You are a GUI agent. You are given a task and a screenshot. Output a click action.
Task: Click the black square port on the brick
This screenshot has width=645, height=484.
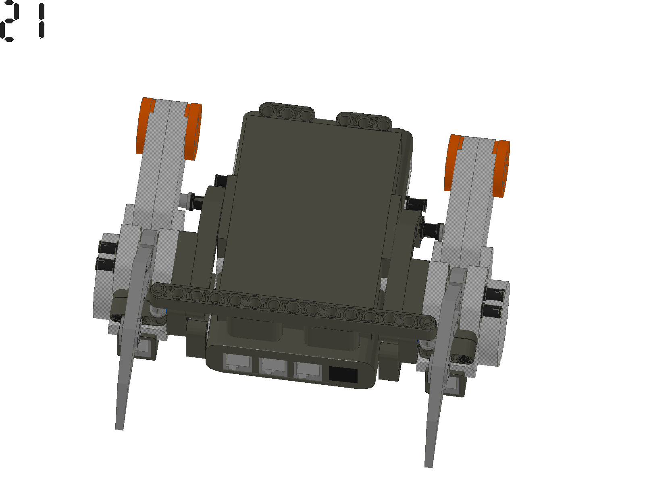(343, 375)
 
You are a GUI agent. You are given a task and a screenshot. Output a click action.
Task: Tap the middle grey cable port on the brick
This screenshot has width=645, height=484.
(274, 367)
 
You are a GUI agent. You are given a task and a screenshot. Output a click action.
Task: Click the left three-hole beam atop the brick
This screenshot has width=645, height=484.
(287, 112)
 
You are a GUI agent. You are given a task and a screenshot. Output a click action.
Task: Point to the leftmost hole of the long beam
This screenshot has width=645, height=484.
(159, 288)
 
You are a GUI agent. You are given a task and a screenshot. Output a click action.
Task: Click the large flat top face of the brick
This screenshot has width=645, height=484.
(314, 202)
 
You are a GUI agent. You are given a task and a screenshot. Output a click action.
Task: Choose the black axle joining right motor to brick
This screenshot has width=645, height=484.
(431, 229)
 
